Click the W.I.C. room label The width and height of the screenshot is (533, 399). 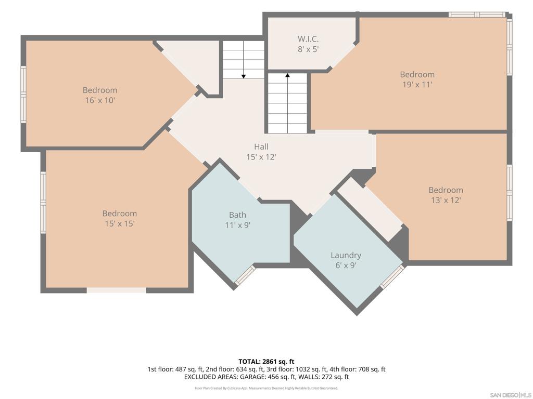308,39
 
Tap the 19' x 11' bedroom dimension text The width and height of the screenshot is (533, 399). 417,85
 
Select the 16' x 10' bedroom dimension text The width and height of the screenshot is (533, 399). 100,100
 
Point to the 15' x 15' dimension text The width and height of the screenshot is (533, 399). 120,223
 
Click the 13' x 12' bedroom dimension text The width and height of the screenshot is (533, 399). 446,200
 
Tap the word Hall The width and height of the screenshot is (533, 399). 261,147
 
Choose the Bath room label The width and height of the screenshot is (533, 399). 237,215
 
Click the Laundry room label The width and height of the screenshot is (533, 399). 346,255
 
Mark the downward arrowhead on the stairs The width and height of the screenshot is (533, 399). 244,77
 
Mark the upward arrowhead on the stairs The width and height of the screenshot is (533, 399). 287,75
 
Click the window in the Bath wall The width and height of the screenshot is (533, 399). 245,274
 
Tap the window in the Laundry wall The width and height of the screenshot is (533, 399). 392,277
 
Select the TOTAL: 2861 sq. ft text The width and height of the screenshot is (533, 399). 266,362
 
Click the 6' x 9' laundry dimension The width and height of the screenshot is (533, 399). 346,265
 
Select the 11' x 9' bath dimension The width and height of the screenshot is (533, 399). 237,225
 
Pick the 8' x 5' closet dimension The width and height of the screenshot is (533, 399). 308,49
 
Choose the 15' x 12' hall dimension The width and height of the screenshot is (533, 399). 261,157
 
